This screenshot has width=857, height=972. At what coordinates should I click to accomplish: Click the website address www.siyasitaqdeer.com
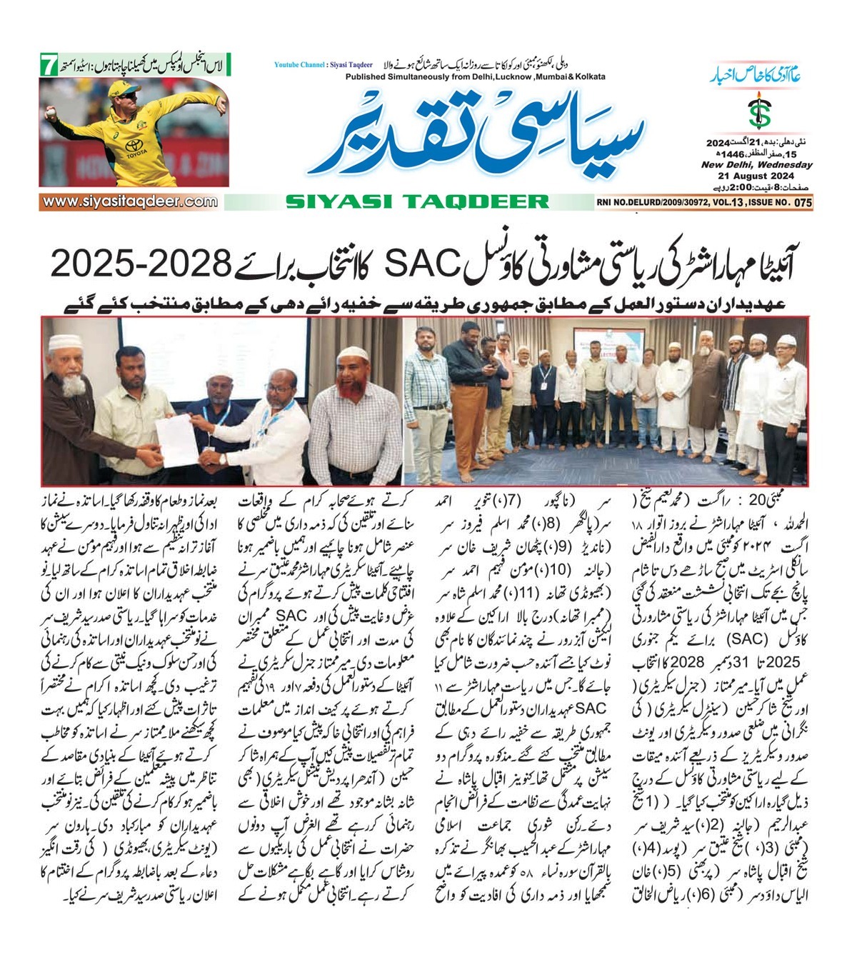[129, 201]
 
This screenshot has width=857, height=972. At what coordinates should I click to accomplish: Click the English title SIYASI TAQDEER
[417, 202]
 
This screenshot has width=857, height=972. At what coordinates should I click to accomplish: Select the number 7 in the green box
[48, 66]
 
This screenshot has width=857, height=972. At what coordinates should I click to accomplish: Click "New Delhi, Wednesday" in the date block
[756, 165]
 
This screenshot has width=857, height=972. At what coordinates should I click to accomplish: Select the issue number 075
[803, 203]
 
